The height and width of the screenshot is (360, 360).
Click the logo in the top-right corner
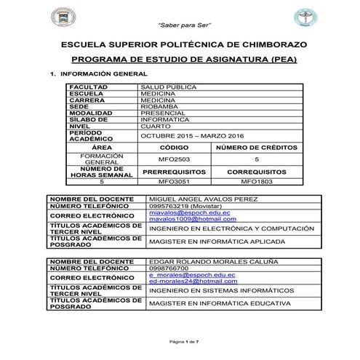(x=298, y=18)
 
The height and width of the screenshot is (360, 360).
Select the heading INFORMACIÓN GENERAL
(x=103, y=74)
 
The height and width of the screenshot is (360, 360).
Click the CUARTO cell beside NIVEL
(x=157, y=126)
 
